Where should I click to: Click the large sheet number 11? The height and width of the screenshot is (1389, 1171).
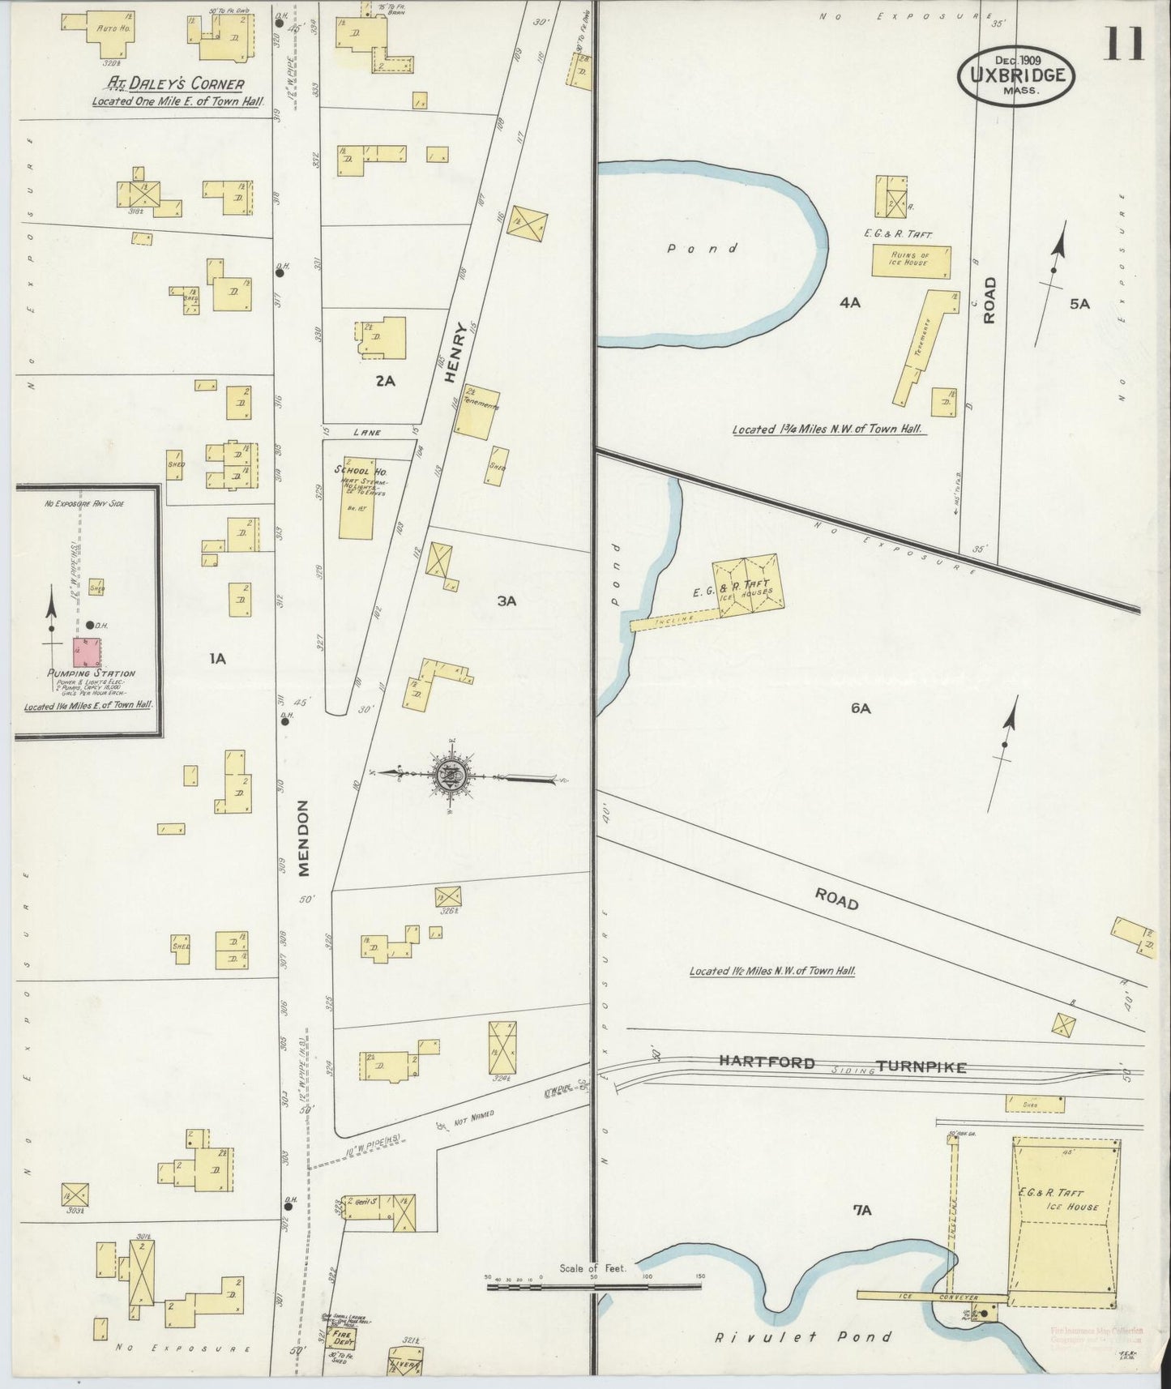pyautogui.click(x=1122, y=44)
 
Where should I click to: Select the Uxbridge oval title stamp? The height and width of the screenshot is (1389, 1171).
pyautogui.click(x=1017, y=75)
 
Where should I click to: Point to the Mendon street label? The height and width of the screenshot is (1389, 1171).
pyautogui.click(x=304, y=838)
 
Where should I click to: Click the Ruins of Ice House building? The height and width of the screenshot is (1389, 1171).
pyautogui.click(x=910, y=262)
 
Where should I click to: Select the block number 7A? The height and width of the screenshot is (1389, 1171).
pyautogui.click(x=861, y=1210)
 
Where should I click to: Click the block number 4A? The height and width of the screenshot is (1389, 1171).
pyautogui.click(x=849, y=302)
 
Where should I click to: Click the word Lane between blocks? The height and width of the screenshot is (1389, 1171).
pyautogui.click(x=368, y=432)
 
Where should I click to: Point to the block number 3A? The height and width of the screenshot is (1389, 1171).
pyautogui.click(x=506, y=600)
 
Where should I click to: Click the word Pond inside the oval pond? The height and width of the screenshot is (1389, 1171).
pyautogui.click(x=702, y=249)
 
